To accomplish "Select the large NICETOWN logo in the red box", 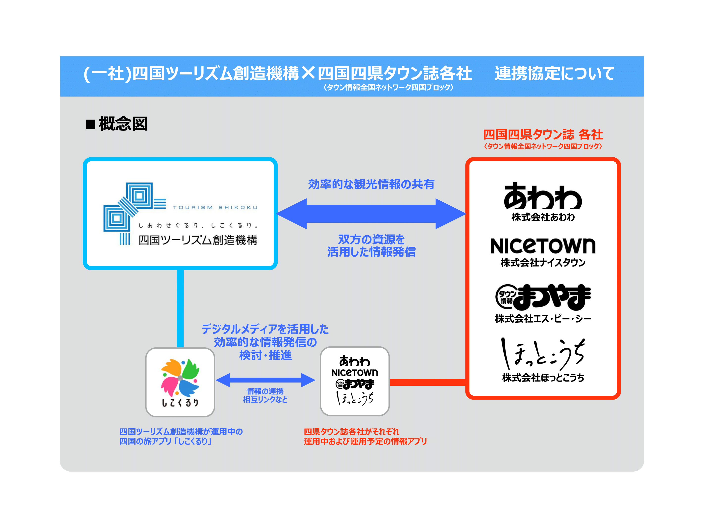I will point(543,246).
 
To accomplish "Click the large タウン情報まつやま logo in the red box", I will point(543,297).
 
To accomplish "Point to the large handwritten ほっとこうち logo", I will point(543,353).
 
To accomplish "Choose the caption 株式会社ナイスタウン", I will point(543,263).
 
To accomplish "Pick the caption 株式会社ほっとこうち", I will point(543,378).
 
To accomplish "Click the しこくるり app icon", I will point(180,382).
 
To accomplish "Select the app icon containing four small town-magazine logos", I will point(355,381).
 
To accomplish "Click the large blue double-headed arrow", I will point(371,214).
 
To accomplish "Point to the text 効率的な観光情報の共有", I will point(371,184).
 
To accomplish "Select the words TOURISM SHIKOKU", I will point(215,208).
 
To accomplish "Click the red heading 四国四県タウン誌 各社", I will point(543,134).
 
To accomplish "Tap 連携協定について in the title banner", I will point(554,73).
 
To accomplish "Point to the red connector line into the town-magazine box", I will point(427,382).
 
